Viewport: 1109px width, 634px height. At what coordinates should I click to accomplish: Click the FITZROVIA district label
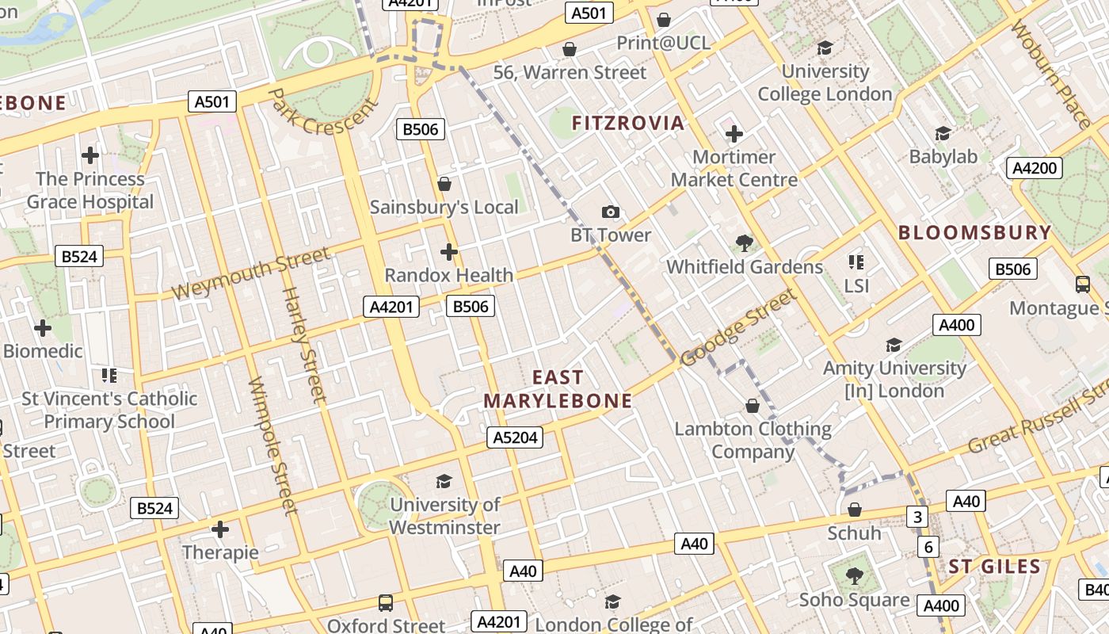click(627, 123)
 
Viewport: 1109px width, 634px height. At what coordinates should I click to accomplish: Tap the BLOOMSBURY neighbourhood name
click(975, 233)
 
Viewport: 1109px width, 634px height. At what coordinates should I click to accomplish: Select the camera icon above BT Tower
click(610, 212)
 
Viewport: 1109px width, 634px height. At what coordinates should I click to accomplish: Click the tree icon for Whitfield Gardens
click(744, 243)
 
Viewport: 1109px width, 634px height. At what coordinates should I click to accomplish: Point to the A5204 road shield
click(516, 437)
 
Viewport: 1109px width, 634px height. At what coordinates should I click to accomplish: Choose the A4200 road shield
click(1035, 168)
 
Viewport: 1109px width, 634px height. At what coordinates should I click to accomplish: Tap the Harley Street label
click(305, 346)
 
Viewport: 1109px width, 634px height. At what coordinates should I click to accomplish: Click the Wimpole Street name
click(272, 445)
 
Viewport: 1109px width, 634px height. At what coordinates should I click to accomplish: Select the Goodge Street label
click(737, 329)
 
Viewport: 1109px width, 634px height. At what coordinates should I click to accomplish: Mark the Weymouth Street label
click(250, 273)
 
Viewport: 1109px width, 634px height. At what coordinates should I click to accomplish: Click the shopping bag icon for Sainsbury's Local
click(444, 184)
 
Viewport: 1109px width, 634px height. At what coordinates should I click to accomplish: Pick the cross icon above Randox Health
click(449, 252)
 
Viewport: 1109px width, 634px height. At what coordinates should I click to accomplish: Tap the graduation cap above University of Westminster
click(444, 481)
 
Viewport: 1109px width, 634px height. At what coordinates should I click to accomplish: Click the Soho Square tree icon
click(854, 576)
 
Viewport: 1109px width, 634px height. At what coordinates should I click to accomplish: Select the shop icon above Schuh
click(854, 510)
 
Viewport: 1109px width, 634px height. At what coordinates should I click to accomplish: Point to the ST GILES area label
click(994, 567)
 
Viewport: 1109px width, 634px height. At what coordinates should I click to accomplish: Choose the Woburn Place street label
click(1052, 75)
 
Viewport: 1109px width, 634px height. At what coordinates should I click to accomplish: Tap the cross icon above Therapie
click(220, 529)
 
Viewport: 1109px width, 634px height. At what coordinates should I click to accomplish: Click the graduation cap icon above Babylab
click(943, 133)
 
